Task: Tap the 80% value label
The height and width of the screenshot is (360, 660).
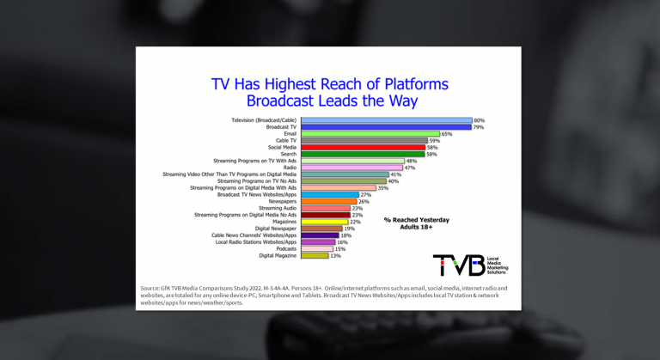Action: pos(480,120)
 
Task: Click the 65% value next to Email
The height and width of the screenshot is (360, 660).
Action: pos(446,134)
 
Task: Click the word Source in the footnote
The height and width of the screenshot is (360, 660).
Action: pos(151,287)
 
